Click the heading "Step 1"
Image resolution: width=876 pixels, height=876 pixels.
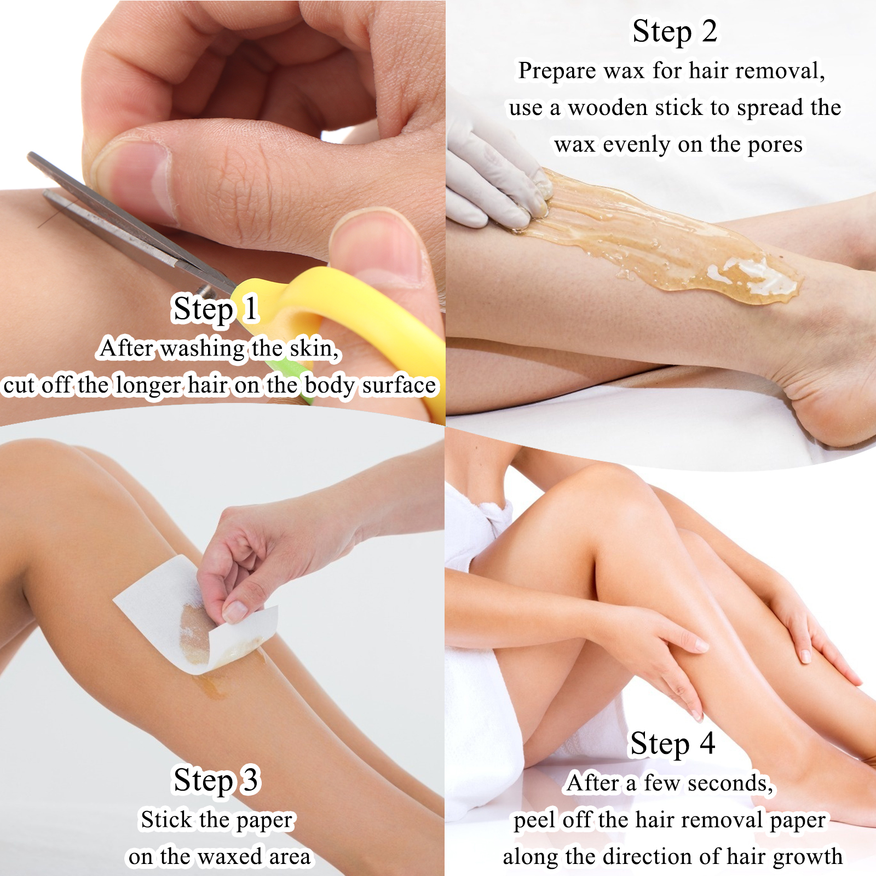(215, 309)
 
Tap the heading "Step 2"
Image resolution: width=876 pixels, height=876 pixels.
(675, 32)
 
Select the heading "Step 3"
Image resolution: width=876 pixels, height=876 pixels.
(217, 781)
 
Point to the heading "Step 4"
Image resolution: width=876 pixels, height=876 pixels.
(673, 744)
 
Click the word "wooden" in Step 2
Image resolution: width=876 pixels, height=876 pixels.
(608, 108)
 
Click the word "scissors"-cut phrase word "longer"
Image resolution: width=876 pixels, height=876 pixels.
(148, 386)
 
